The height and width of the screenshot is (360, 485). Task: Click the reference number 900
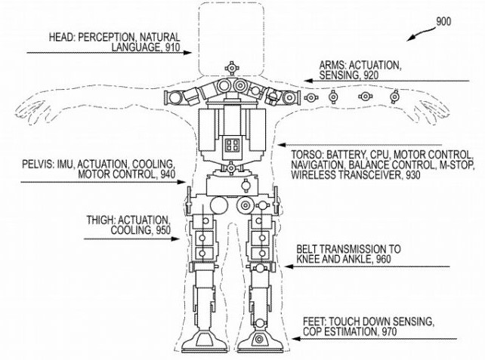[443, 22]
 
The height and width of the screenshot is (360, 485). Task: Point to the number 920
[371, 75]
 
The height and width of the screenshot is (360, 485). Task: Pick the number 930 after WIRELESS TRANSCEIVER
[412, 175]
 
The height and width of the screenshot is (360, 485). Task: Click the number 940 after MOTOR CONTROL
[168, 174]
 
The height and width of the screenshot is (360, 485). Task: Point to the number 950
[162, 230]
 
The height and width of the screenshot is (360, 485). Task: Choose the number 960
[384, 259]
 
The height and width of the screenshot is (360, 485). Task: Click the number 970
[389, 332]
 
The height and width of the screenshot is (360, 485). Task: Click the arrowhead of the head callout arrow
[188, 53]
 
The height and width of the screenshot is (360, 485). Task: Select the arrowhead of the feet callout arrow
[296, 339]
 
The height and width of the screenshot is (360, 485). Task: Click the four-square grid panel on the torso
[232, 145]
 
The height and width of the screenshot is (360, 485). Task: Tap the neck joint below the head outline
[231, 67]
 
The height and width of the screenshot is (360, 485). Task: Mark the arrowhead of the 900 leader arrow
[410, 38]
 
